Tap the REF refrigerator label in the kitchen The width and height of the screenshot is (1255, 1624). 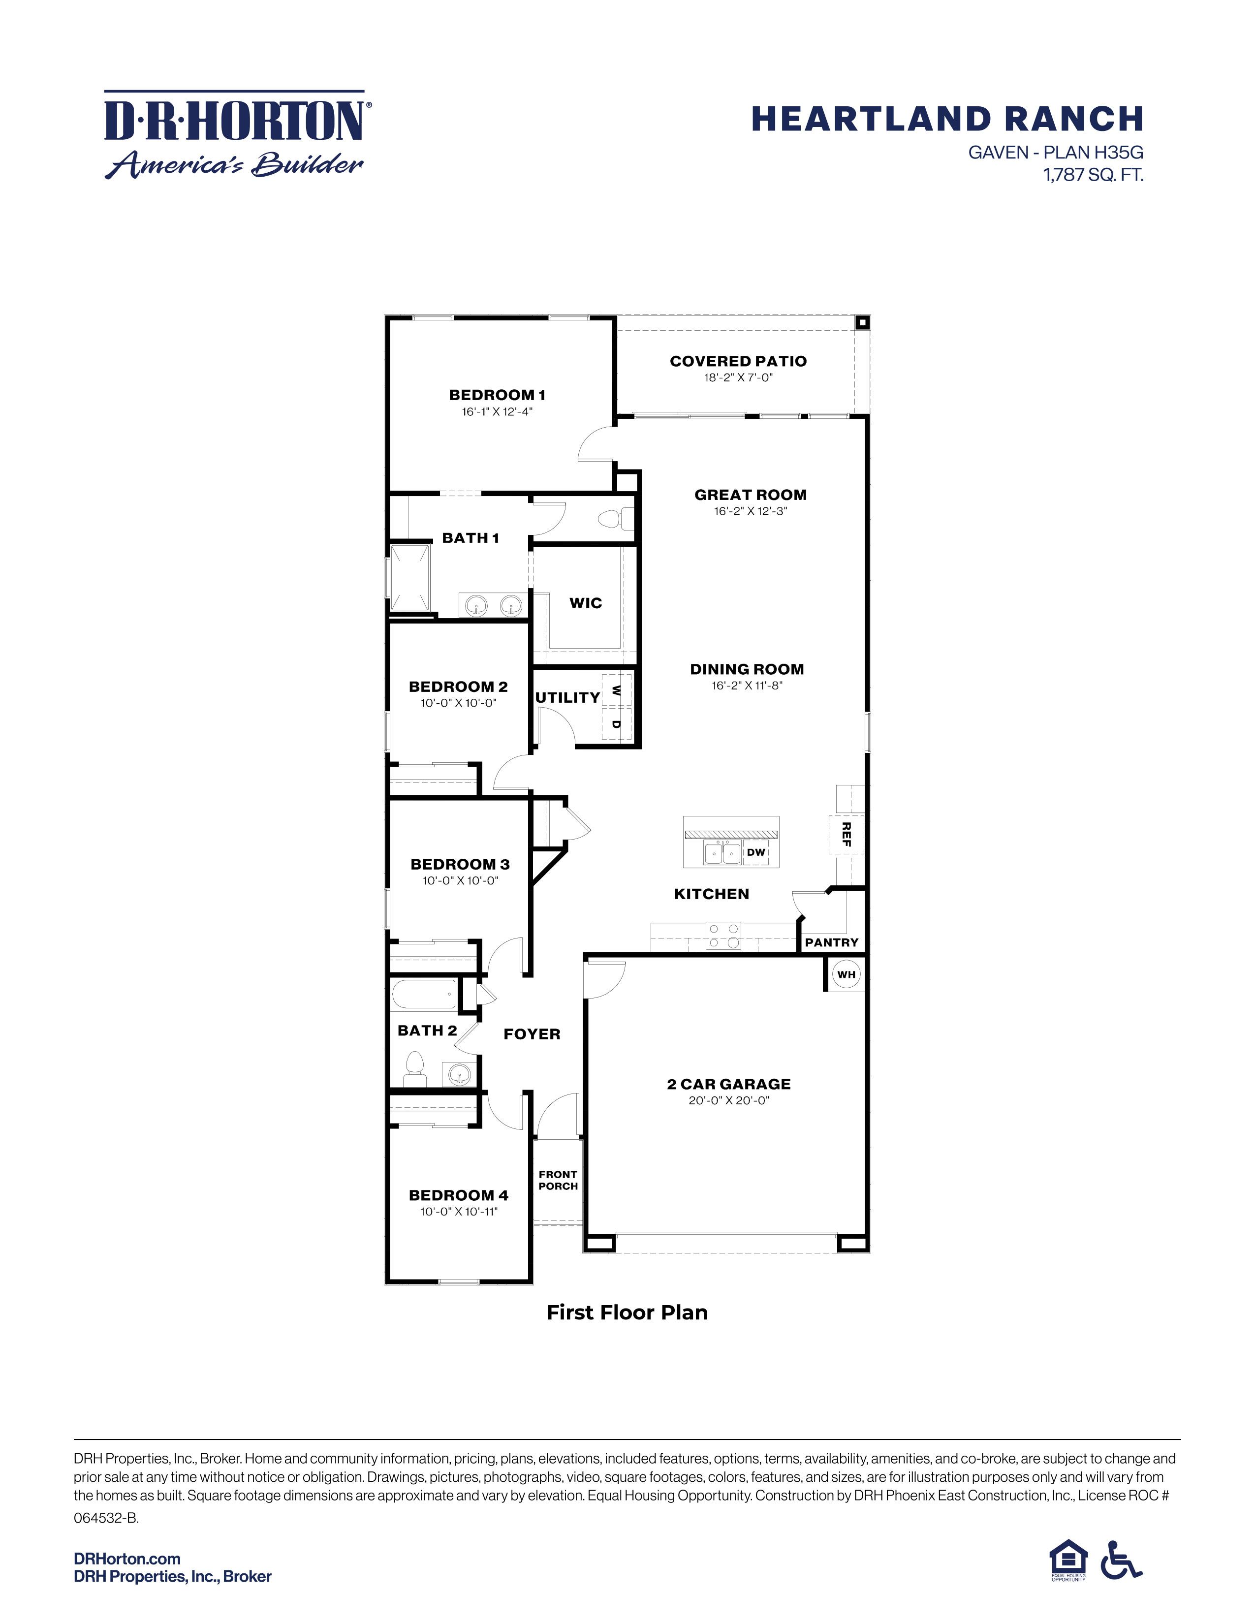point(846,834)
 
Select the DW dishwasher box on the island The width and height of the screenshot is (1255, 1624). point(755,852)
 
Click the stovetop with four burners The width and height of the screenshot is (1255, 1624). point(722,936)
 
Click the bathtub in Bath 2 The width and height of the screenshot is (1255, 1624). point(423,994)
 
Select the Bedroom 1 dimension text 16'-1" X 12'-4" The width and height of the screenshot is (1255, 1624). point(497,411)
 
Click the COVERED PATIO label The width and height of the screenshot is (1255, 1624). point(738,361)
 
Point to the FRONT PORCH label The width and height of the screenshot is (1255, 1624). point(558,1180)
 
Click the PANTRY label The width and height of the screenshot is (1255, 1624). point(831,942)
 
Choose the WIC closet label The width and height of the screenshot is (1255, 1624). point(586,603)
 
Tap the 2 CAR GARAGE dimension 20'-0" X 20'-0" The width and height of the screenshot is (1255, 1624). point(728,1100)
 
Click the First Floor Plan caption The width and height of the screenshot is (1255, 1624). point(627,1312)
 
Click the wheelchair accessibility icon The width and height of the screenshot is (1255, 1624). point(1121,1560)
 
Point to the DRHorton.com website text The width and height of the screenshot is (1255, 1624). point(127,1559)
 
